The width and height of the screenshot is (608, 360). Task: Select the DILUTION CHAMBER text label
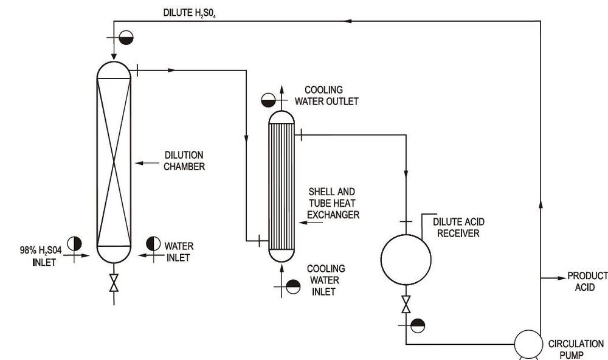(x=184, y=161)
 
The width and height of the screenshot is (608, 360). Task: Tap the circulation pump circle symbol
(x=528, y=345)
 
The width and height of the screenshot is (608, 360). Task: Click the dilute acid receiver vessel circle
(x=406, y=260)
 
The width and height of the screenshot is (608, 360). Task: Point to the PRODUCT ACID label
(x=587, y=282)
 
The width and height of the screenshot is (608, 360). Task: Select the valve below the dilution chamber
(x=114, y=282)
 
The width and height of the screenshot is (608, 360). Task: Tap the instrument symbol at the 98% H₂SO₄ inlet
(x=74, y=244)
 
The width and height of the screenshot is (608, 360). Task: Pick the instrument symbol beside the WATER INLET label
(x=153, y=244)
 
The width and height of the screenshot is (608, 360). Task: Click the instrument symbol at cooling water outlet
(x=269, y=100)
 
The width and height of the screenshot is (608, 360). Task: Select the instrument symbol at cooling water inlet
(x=293, y=286)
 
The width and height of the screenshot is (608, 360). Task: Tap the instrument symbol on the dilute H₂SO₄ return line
(x=126, y=38)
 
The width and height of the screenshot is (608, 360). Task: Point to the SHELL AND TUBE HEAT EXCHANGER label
(x=333, y=203)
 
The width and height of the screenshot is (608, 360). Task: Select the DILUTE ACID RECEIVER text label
(x=459, y=227)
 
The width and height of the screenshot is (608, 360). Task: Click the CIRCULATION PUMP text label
(x=576, y=350)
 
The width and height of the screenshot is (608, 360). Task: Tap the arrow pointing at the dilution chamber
(x=144, y=163)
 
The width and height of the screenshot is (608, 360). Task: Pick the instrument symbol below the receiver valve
(x=418, y=325)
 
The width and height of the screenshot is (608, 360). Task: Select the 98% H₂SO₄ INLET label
(x=38, y=255)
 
